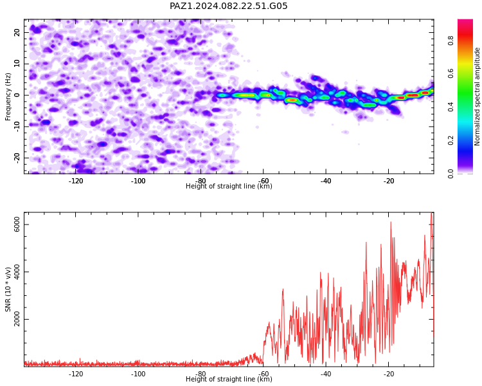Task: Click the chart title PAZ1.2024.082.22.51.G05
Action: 228,6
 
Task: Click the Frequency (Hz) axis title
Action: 8,96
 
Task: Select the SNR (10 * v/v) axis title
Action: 8,289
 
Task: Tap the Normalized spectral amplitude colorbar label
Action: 477,96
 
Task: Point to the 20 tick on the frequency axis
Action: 17,32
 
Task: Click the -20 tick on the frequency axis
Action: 17,158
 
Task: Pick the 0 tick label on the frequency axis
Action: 17,95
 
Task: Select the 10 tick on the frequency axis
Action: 17,64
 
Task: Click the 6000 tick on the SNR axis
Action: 17,225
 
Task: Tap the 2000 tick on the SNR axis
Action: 17,319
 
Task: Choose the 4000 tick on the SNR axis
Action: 17,271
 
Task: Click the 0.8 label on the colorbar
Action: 451,41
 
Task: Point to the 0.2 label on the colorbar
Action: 451,140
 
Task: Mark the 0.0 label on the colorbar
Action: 451,174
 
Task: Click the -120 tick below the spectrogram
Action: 76,181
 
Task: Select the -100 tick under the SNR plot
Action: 138,374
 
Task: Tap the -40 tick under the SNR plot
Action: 326,374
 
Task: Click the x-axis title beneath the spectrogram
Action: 229,186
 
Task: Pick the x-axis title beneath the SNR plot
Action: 229,379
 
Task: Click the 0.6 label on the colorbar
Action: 451,73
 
